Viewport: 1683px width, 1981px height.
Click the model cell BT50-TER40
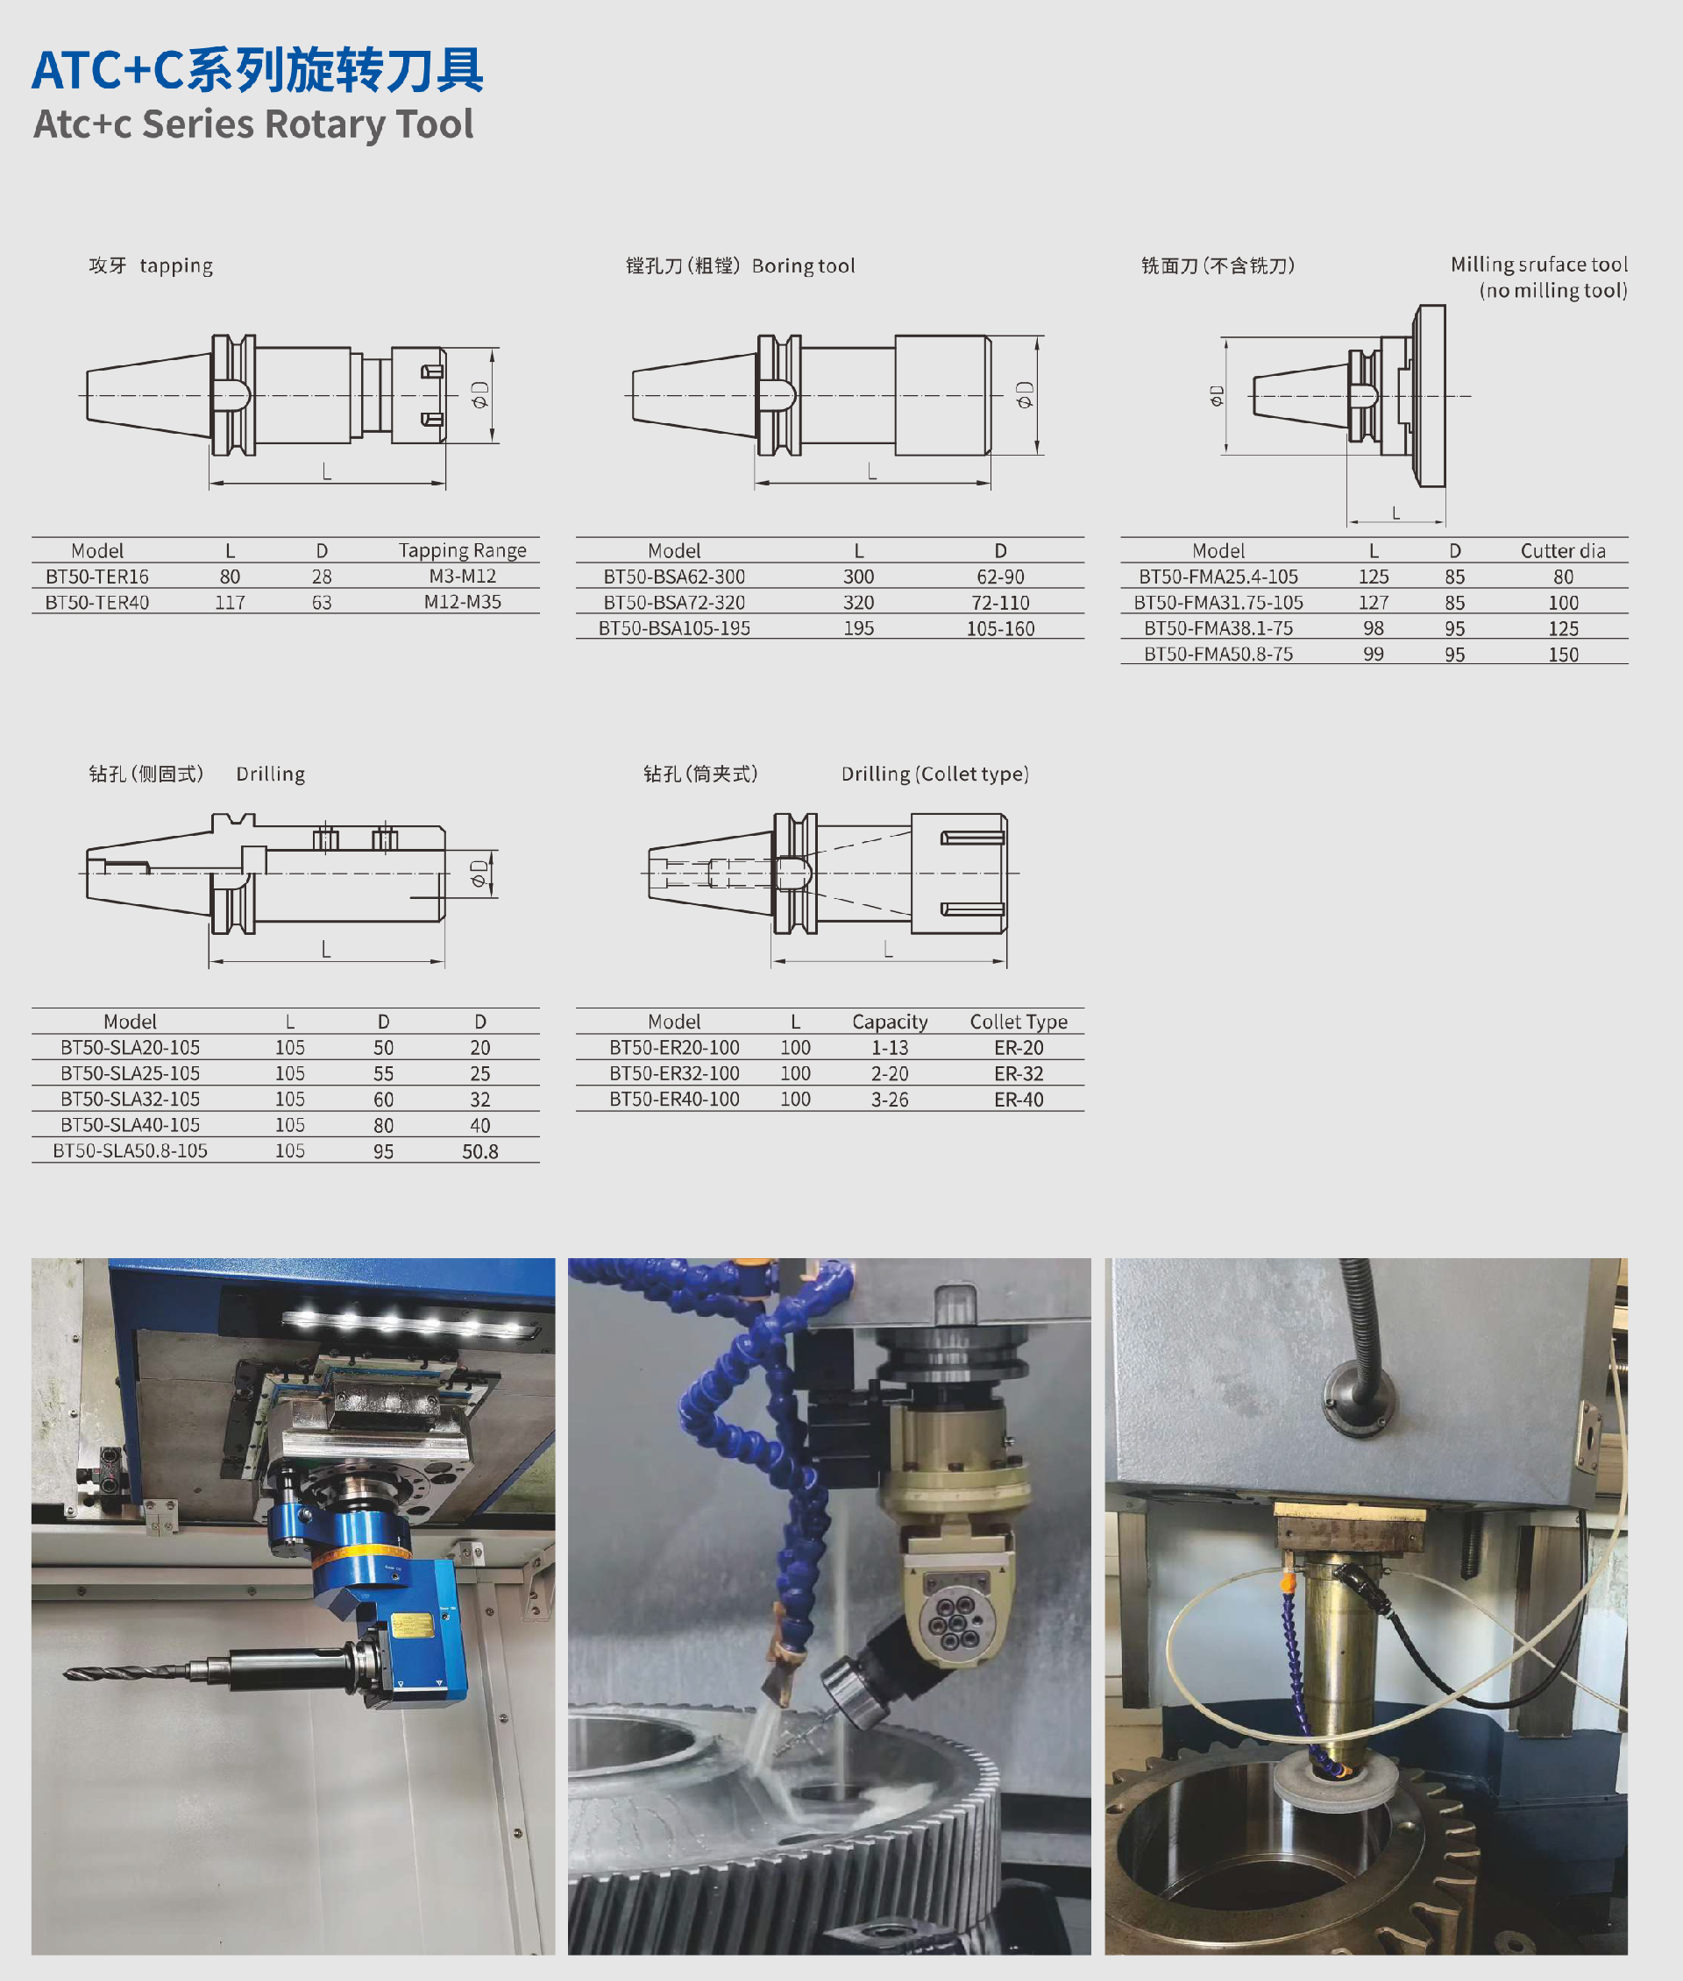(97, 602)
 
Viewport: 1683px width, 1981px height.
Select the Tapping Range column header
(463, 550)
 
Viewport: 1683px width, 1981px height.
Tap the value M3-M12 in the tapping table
(463, 577)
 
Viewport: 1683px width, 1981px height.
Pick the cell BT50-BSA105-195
(675, 627)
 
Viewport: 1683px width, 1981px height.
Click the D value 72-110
(1000, 602)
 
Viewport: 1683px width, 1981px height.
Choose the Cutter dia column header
(1563, 550)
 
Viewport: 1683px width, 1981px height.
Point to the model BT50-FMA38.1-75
(1218, 627)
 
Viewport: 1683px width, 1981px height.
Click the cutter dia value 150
(1563, 654)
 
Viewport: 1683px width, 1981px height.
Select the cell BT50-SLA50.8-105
(130, 1150)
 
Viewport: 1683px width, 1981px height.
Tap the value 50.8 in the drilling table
(479, 1151)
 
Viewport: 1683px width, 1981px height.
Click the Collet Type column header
(1019, 1022)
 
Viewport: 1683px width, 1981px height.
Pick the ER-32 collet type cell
(1019, 1073)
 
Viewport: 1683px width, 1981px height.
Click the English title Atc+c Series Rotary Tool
(254, 125)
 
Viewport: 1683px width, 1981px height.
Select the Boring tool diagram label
(803, 265)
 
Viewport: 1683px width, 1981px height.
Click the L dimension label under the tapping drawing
(327, 471)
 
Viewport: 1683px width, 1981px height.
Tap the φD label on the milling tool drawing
(1217, 395)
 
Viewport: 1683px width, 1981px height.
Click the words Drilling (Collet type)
(935, 774)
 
